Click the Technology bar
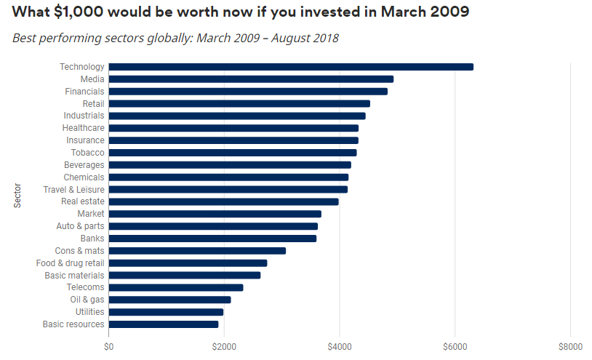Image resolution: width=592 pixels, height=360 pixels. [291, 67]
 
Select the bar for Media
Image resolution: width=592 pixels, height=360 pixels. [251, 79]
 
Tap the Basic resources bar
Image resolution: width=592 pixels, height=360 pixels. [164, 324]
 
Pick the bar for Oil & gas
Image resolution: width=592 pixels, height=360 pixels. [169, 300]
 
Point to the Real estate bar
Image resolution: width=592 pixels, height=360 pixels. [223, 201]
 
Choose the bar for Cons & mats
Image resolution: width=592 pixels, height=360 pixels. [197, 251]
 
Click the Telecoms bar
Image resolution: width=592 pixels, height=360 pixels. [176, 287]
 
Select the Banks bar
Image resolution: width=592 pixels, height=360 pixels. [212, 239]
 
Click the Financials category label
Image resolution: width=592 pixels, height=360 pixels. [84, 92]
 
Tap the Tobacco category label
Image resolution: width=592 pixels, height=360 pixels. [87, 153]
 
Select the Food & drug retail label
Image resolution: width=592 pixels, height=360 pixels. [70, 263]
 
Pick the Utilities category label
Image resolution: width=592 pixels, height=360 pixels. [89, 312]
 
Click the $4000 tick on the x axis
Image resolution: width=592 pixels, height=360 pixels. [339, 345]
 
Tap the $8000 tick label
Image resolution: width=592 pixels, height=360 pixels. [570, 345]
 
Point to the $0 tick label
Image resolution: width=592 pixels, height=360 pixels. [109, 345]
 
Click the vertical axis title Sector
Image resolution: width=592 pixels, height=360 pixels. [17, 196]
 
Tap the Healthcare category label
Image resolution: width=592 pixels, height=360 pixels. [83, 128]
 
